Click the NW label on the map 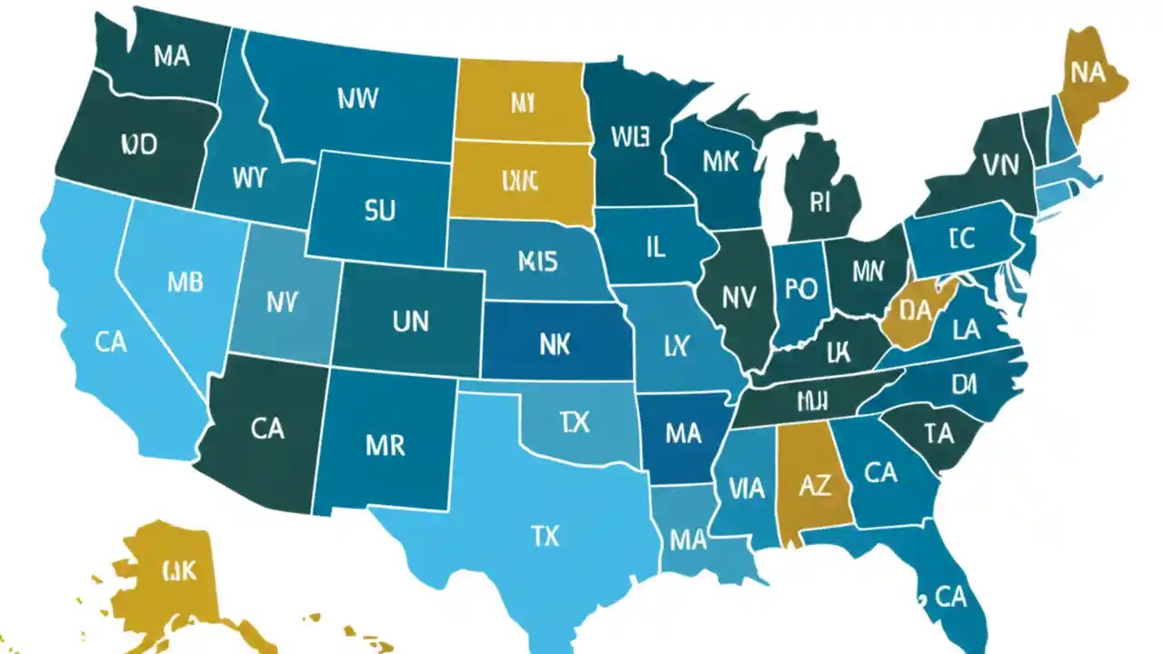pyautogui.click(x=357, y=99)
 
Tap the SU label pyautogui.click(x=379, y=212)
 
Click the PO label pyautogui.click(x=801, y=289)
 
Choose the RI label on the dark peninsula pyautogui.click(x=819, y=203)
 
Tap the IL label pyautogui.click(x=655, y=247)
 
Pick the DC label pyautogui.click(x=961, y=239)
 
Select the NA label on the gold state pyautogui.click(x=1088, y=74)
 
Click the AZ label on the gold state pyautogui.click(x=814, y=486)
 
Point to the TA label pyautogui.click(x=937, y=434)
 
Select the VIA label pyautogui.click(x=747, y=489)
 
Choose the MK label pyautogui.click(x=720, y=162)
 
